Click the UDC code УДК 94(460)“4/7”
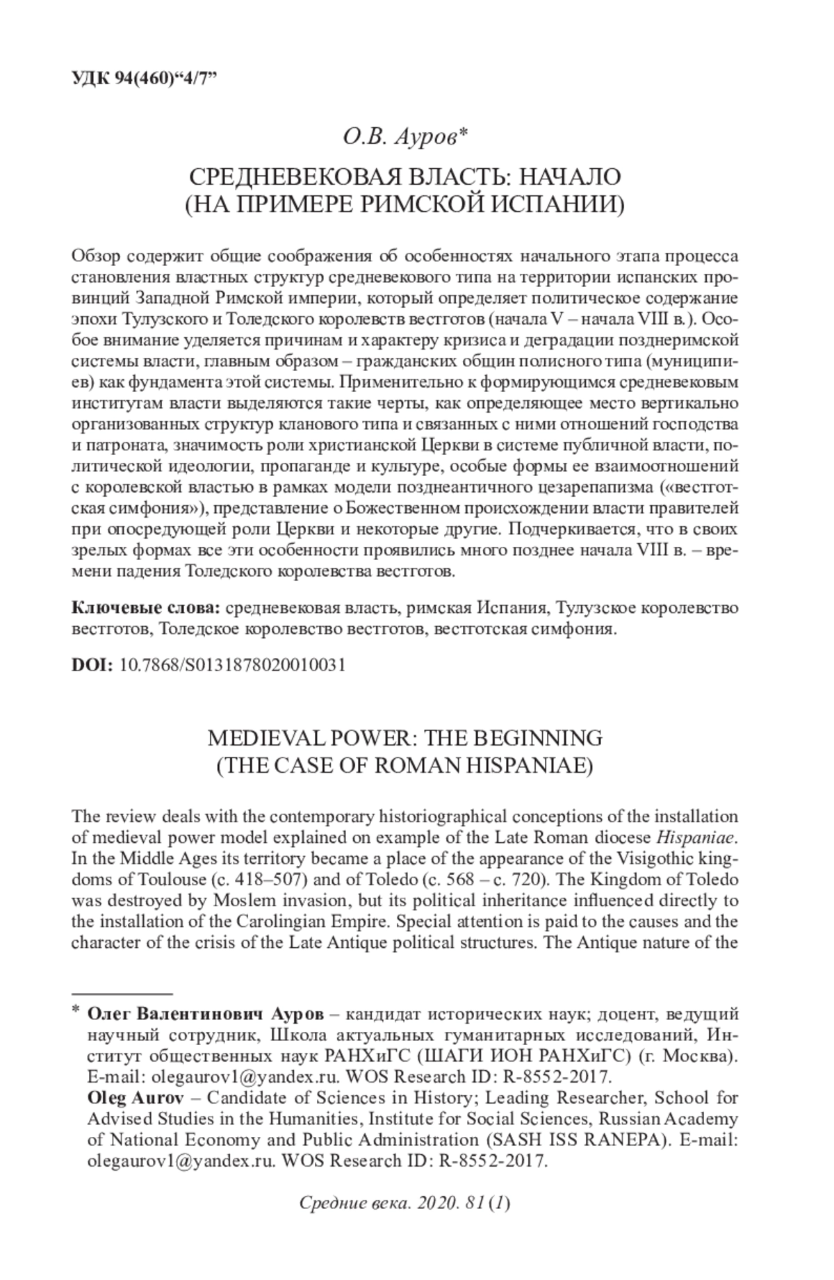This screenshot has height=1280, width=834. click(144, 78)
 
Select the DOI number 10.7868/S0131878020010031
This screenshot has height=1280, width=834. click(233, 664)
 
